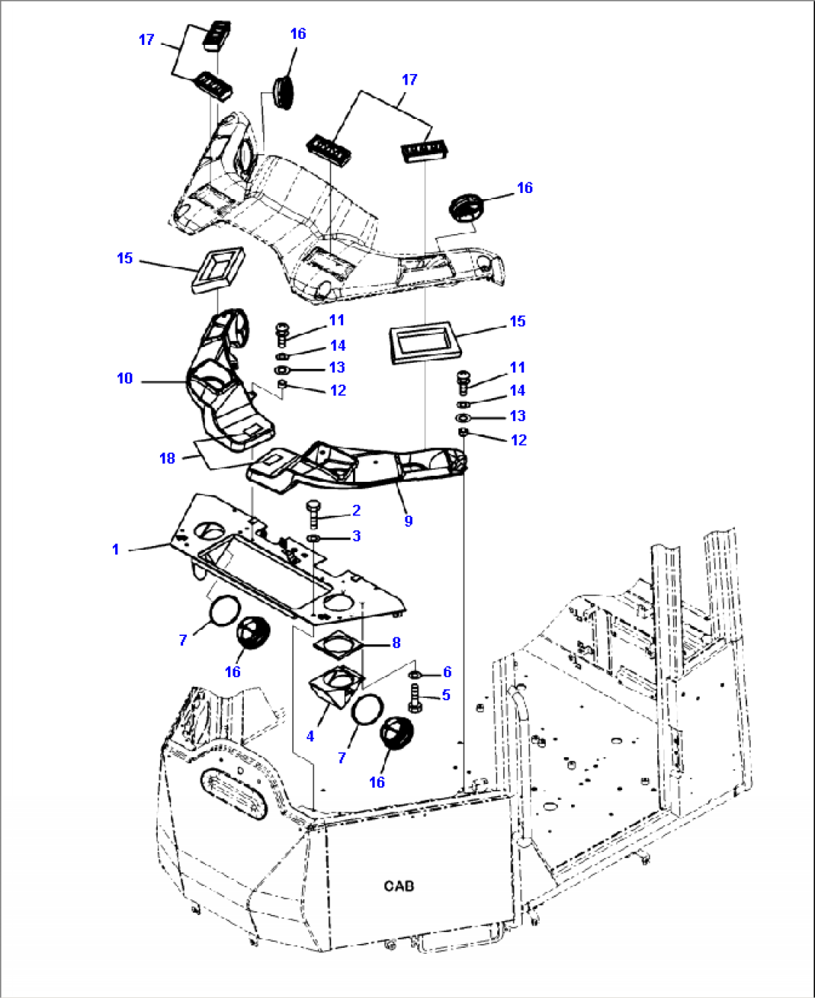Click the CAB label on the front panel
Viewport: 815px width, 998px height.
tap(399, 886)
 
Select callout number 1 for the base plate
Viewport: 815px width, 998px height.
tap(115, 549)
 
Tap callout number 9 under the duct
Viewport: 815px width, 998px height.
tap(408, 521)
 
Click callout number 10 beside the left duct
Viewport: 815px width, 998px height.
tap(125, 379)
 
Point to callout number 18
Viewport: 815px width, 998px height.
tap(167, 458)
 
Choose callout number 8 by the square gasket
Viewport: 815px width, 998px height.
tap(396, 642)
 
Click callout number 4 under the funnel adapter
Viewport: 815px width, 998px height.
tap(310, 736)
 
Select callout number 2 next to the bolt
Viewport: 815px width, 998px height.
tap(357, 510)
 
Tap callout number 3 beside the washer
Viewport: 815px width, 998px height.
tap(357, 536)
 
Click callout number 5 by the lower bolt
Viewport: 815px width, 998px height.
tap(446, 695)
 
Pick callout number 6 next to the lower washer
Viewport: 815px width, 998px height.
tap(447, 672)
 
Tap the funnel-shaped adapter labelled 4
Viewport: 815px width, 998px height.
tap(336, 686)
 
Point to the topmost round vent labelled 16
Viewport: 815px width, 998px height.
tap(283, 91)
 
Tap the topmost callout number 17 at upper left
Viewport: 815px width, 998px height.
tap(147, 40)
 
